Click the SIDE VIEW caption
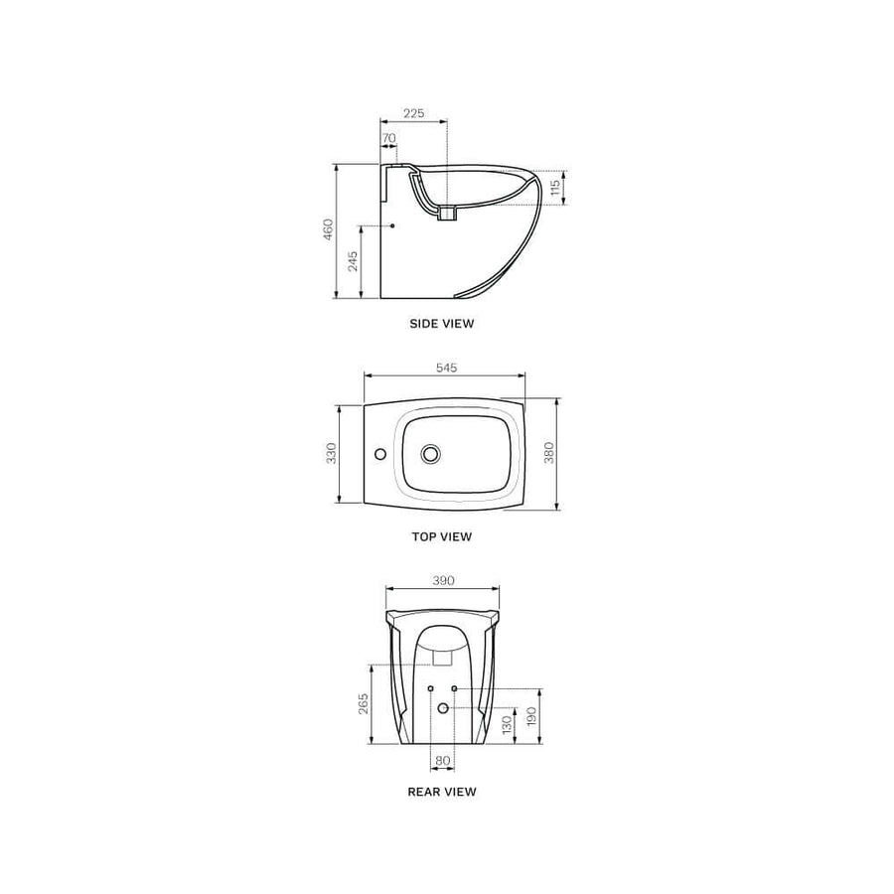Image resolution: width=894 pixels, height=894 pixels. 442,324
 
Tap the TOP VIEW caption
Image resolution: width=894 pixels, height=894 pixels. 442,536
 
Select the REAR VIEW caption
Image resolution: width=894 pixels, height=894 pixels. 442,792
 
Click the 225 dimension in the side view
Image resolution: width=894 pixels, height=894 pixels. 414,113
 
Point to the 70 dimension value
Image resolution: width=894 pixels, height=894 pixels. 388,138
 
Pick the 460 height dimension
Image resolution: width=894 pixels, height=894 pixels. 328,229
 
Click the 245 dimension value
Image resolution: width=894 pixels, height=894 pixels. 353,261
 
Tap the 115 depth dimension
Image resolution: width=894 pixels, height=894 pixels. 556,185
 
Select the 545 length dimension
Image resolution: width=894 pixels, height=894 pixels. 446,368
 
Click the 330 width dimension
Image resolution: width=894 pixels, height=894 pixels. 332,453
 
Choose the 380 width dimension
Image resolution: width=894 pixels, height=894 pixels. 549,453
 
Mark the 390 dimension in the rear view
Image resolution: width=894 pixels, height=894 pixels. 443,580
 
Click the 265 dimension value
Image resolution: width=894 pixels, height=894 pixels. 364,703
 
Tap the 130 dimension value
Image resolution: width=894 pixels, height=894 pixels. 507,725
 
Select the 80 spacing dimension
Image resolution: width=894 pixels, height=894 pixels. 442,761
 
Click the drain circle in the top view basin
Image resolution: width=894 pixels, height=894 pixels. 430,454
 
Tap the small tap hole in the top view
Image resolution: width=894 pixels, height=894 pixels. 378,454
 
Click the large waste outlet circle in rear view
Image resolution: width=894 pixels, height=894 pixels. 443,707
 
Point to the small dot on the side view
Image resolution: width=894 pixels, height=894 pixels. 393,226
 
